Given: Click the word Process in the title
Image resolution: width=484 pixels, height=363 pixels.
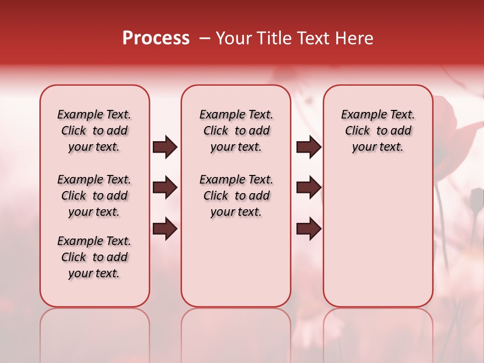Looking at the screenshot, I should (156, 38).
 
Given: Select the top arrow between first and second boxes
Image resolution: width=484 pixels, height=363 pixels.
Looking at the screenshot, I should (165, 147).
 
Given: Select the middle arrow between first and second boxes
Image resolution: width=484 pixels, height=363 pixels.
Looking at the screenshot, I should (165, 188).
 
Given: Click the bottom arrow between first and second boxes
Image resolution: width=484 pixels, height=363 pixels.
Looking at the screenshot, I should (165, 229).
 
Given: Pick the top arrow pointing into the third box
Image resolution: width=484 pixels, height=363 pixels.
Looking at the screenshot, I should (309, 147).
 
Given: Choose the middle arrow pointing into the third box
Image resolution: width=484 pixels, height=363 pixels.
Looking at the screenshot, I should (309, 188).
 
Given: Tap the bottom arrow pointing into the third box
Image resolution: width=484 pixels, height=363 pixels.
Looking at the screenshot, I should (309, 229).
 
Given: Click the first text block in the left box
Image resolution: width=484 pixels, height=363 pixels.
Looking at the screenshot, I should (94, 131).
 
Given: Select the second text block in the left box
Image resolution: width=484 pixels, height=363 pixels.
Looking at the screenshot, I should (94, 196).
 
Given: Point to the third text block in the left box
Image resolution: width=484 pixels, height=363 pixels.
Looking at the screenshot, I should (94, 257).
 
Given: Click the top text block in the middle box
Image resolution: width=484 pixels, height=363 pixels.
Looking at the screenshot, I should (236, 131).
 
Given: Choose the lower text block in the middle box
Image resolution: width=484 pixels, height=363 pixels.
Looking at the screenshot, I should (236, 196).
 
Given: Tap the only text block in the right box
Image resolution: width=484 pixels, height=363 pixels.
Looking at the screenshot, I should (378, 131).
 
